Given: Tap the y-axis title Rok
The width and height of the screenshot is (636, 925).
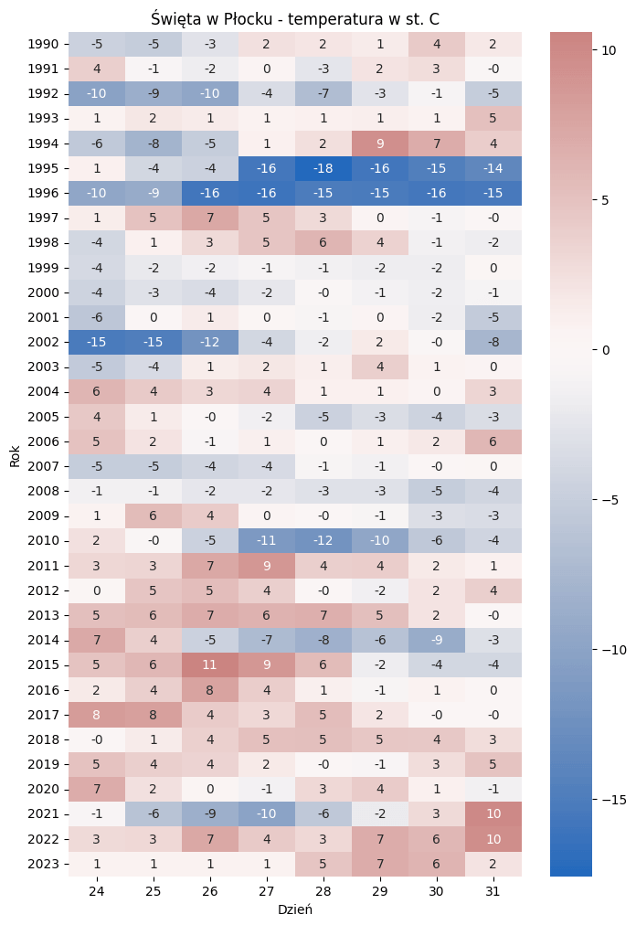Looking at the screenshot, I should tap(15, 454).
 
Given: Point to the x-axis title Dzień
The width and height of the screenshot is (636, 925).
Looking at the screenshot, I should tap(295, 909).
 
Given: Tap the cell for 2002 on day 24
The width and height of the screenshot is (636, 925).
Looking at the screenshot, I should tap(97, 342).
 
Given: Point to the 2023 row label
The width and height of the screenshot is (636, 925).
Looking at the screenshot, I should tap(45, 864).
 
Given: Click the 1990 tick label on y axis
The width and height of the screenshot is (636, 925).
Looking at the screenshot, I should tap(45, 44).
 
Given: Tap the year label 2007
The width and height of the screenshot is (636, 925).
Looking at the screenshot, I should tap(45, 466).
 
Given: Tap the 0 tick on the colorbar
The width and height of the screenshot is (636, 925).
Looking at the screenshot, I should tap(602, 350).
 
